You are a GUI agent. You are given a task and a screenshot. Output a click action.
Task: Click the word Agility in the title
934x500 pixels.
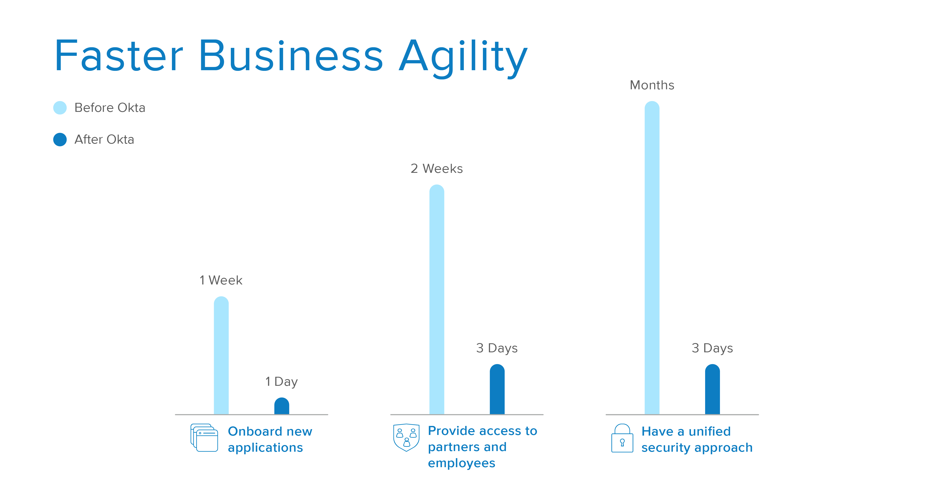(463, 58)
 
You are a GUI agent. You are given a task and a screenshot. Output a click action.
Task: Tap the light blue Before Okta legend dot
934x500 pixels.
(60, 108)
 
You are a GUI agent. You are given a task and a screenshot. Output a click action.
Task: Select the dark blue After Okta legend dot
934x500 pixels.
(60, 140)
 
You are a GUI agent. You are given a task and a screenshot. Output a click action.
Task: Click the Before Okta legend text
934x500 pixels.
(110, 108)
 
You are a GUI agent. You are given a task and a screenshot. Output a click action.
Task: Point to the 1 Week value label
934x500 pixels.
(221, 280)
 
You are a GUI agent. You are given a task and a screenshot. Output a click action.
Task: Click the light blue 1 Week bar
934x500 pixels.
(221, 355)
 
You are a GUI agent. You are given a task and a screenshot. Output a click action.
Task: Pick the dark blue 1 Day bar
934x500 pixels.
(282, 406)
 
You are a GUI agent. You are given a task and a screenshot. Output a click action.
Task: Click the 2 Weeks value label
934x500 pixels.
(436, 169)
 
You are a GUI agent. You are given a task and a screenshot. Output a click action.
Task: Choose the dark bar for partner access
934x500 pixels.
(497, 389)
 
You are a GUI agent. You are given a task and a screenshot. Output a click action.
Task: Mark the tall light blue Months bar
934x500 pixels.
(652, 258)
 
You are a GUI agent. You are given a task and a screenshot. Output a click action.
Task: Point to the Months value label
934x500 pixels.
(652, 85)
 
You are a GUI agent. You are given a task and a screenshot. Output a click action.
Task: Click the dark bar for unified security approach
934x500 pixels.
(712, 389)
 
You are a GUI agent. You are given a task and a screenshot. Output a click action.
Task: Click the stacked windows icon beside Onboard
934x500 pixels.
(204, 438)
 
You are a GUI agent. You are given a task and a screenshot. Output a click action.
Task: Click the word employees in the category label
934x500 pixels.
(462, 464)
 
